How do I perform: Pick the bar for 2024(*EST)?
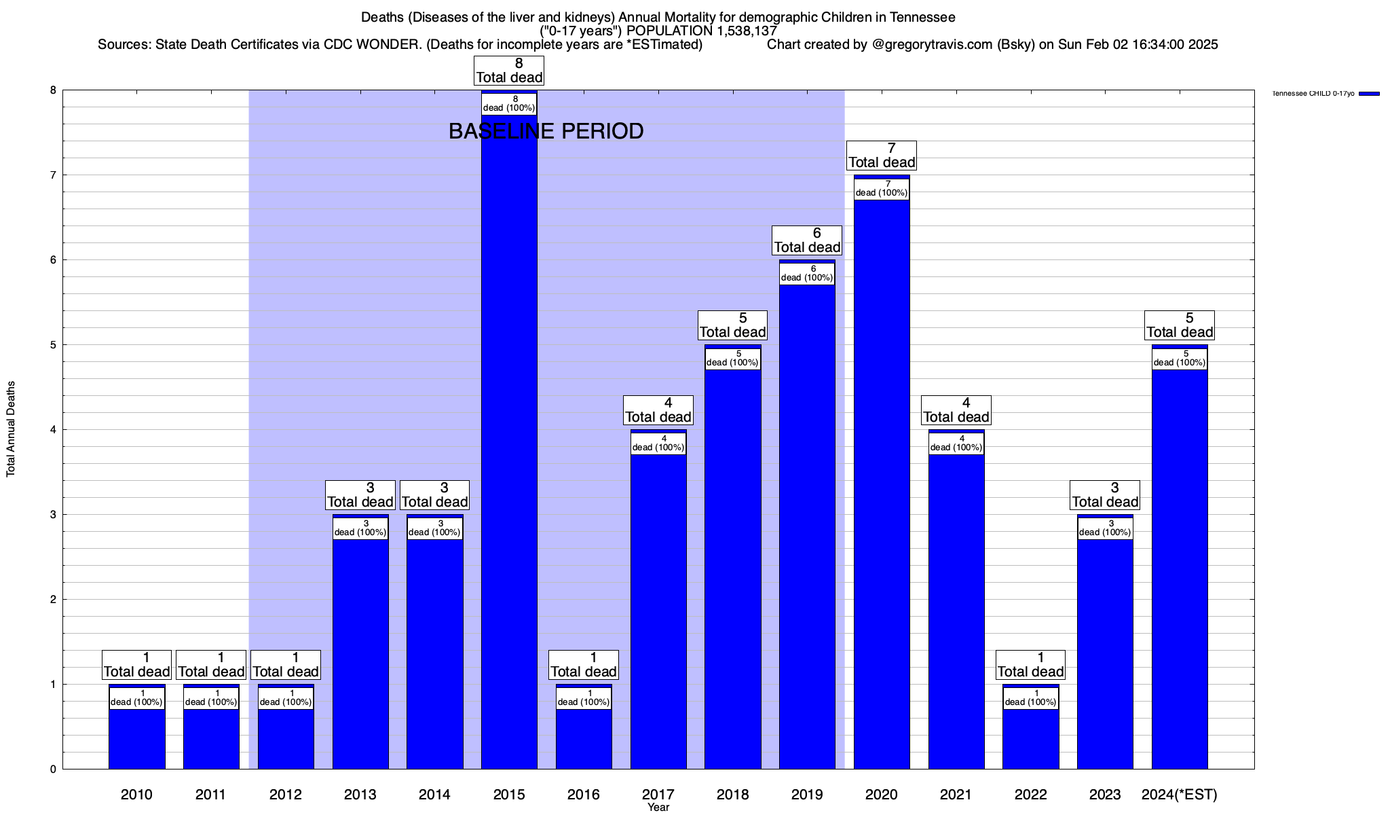1180,564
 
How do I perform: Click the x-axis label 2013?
360,794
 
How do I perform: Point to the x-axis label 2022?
1030,794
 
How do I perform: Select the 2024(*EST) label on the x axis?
1180,794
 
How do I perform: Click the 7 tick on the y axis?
52,175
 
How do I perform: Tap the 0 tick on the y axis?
52,769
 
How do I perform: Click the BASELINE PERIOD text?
546,131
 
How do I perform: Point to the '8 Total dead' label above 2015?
509,71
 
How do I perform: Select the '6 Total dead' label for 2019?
807,240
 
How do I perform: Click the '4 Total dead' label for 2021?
956,410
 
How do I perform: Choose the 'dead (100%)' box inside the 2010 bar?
136,698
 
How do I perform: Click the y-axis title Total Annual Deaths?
11,429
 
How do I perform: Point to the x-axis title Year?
658,808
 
